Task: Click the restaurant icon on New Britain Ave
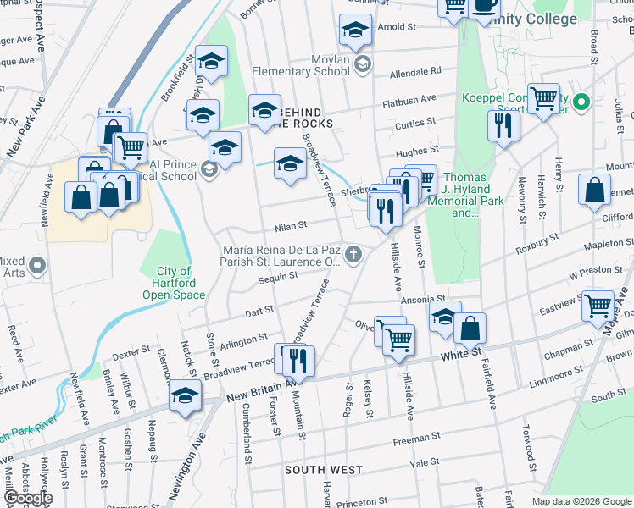[x=299, y=362]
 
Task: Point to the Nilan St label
[x=290, y=226]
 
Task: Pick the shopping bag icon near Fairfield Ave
[x=470, y=327]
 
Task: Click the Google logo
[x=28, y=498]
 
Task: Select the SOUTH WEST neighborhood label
[x=324, y=469]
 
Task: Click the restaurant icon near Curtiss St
[x=503, y=126]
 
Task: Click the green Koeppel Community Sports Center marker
[x=581, y=103]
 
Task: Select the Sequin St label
[x=279, y=275]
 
